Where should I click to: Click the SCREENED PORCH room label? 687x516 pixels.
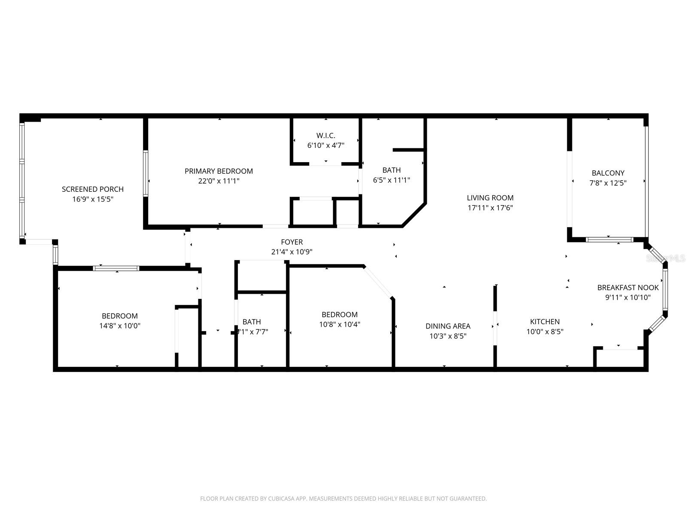pos(92,189)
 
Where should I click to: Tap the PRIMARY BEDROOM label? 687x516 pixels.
pos(219,171)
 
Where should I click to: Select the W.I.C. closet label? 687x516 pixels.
pos(326,135)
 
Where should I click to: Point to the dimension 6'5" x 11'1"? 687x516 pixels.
pos(391,180)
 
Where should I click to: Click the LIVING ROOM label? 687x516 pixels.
pos(490,198)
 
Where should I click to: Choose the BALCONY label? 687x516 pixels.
pos(608,173)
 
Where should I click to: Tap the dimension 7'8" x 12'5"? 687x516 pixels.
pos(608,183)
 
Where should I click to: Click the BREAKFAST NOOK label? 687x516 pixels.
pos(627,288)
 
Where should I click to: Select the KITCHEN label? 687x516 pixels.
pos(544,322)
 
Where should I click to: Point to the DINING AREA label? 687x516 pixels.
pos(448,326)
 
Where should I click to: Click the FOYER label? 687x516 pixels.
pos(292,242)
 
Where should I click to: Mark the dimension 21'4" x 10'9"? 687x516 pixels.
pos(292,252)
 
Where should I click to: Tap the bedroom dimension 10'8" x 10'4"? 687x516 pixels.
pos(339,324)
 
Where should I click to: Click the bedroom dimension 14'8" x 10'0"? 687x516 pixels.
pos(119,326)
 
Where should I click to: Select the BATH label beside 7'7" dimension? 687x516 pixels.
pos(252,322)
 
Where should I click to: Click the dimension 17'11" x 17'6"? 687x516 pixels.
pos(490,208)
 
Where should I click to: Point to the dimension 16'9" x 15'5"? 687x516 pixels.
pos(92,199)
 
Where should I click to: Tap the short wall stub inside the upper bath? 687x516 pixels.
pos(408,150)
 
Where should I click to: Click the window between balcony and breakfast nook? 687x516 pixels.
pos(609,240)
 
